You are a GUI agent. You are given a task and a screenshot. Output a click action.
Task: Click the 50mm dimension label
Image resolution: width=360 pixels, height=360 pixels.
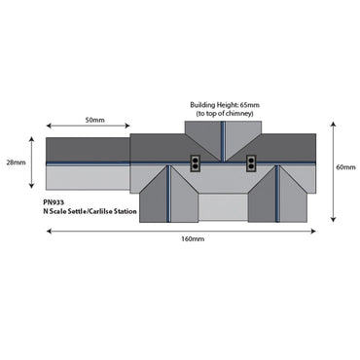click(94, 120)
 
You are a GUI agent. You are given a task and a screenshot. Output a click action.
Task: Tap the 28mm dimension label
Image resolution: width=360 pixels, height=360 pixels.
click(16, 162)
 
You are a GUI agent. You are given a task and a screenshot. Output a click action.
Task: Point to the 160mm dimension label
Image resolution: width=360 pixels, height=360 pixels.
click(193, 239)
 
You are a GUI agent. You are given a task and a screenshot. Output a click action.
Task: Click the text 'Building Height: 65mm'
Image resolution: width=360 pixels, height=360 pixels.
click(225, 105)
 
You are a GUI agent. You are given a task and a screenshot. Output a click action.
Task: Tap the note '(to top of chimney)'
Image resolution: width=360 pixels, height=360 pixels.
click(225, 114)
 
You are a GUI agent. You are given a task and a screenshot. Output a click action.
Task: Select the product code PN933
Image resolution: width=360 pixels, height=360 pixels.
click(54, 202)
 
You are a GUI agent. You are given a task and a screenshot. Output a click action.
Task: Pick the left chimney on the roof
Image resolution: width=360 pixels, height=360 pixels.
click(195, 163)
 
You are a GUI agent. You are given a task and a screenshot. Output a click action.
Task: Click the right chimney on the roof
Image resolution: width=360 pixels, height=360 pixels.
click(251, 163)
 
